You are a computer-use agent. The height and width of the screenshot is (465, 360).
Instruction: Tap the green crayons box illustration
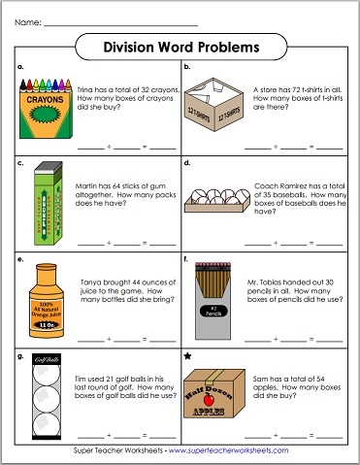click(44, 109)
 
